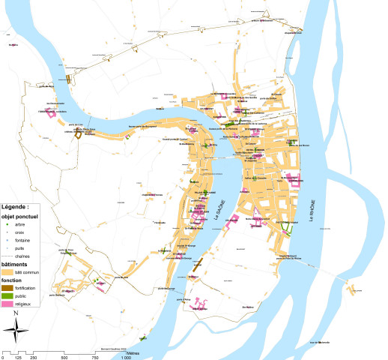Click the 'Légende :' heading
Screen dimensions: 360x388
[x=16, y=205]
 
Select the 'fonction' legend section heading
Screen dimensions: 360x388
[x=13, y=280]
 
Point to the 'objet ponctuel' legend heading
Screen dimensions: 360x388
[x=22, y=214]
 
